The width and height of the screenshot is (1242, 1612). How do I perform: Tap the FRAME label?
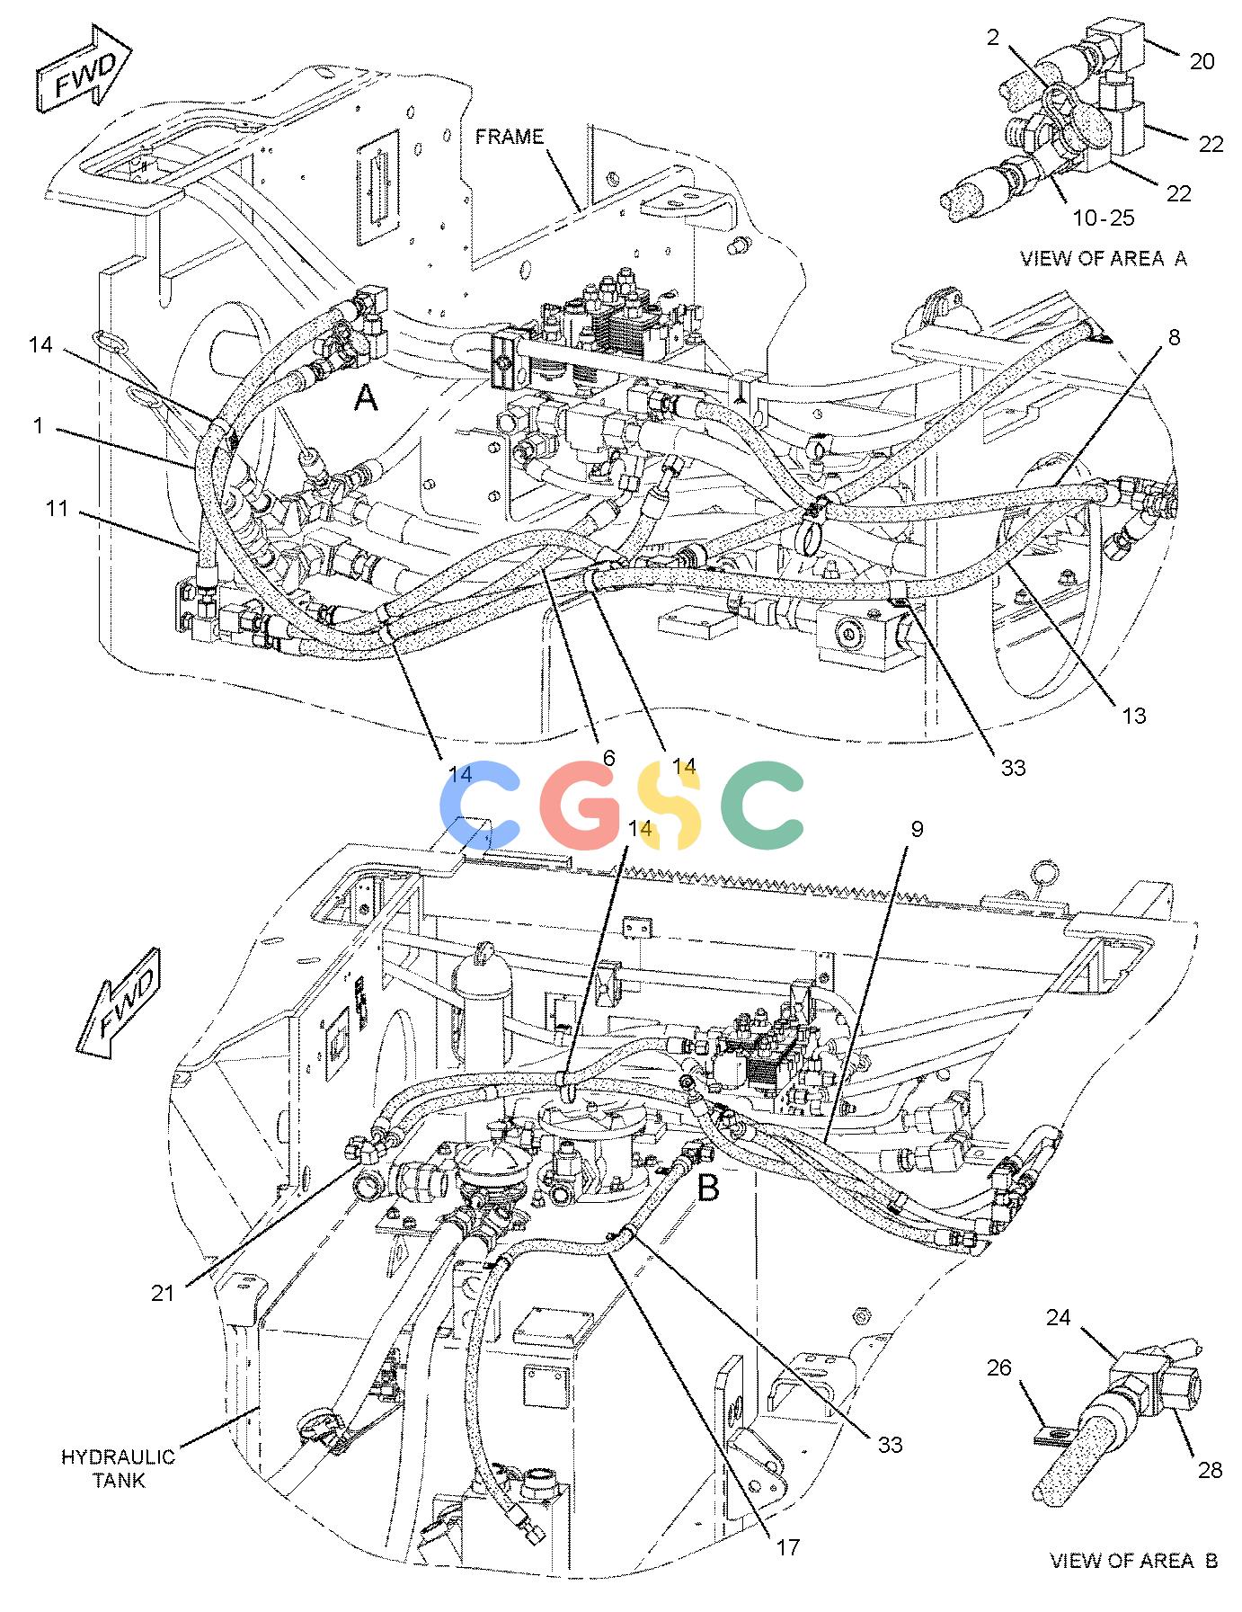tap(510, 137)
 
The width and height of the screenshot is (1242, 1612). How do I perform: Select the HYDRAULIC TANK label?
tap(118, 1468)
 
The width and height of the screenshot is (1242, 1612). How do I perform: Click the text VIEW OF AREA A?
tap(1103, 258)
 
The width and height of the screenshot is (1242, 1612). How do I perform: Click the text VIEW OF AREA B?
tap(1133, 1561)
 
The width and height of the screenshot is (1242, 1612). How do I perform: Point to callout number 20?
tap(1202, 61)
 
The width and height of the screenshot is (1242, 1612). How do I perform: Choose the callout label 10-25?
tap(1104, 218)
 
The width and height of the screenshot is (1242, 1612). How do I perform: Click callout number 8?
tap(1174, 338)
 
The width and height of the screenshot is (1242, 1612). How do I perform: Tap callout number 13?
tap(1134, 716)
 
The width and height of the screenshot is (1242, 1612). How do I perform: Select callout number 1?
tap(38, 425)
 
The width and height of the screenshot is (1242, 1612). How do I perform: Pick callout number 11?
tap(58, 509)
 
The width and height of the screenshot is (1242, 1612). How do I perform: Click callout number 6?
tap(608, 758)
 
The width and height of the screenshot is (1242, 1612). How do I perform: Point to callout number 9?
tap(916, 828)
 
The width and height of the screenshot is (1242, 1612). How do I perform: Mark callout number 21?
tap(163, 1293)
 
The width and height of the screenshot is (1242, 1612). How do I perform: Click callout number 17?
tap(787, 1547)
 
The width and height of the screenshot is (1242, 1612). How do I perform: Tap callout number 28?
tap(1211, 1470)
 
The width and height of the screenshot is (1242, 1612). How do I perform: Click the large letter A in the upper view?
tap(365, 396)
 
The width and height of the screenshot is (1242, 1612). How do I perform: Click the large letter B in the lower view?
tap(708, 1189)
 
